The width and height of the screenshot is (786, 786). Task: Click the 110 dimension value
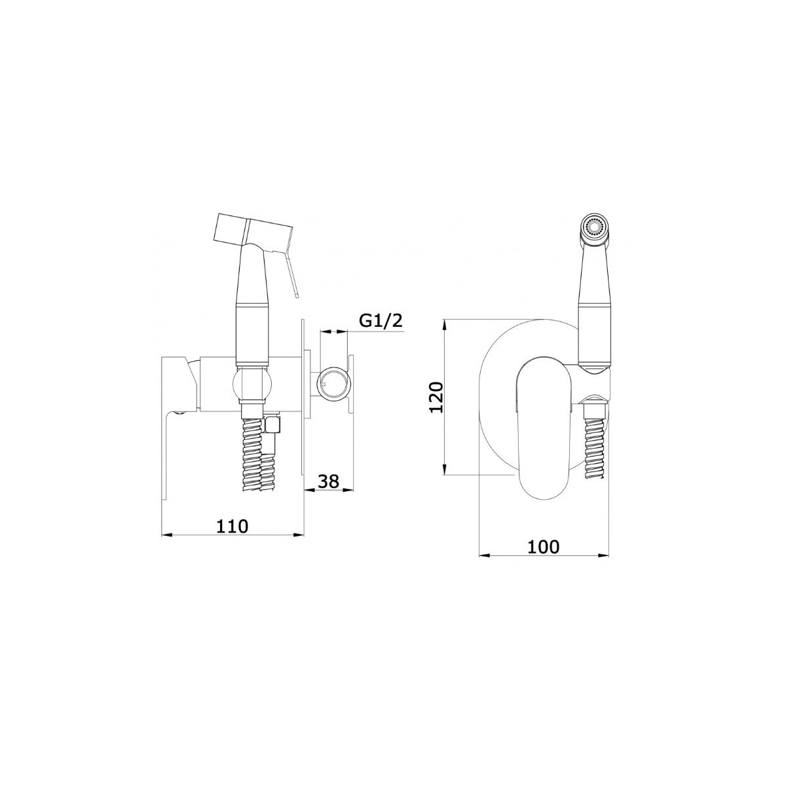232,526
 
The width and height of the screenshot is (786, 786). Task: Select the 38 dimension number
328,481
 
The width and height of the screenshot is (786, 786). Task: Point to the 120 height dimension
436,398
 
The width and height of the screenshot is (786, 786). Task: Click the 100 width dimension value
544,546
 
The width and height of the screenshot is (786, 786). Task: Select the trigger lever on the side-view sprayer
292,272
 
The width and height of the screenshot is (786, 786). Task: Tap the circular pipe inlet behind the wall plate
335,384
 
